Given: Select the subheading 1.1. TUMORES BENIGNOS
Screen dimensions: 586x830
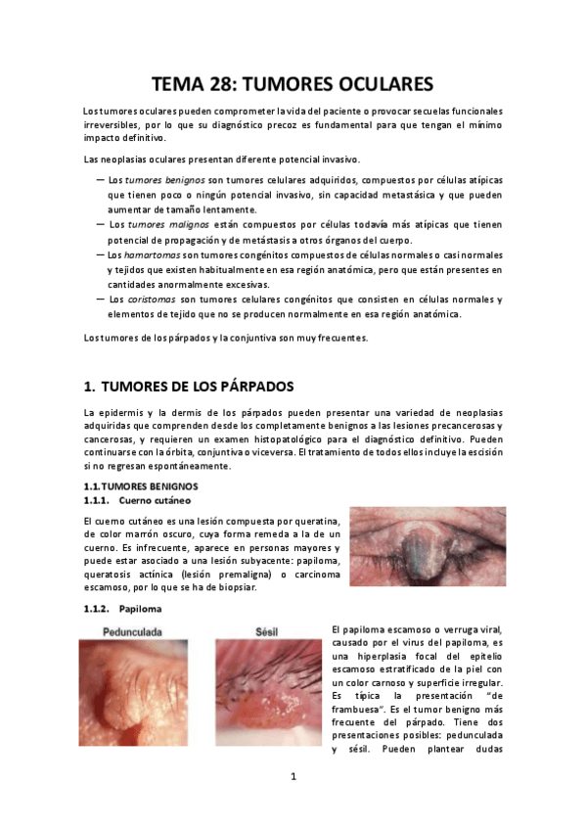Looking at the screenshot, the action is click(x=141, y=485).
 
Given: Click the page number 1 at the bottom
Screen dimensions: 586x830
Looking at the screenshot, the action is click(x=293, y=777).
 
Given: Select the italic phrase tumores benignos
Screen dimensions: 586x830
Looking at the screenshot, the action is click(x=165, y=181).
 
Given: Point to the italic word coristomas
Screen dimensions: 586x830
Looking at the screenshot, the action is click(x=151, y=300).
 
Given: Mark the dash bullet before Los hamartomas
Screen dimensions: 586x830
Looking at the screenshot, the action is click(x=101, y=254).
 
